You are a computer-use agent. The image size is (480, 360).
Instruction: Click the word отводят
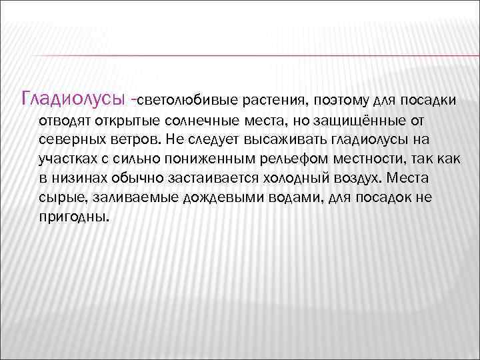[x=65, y=121]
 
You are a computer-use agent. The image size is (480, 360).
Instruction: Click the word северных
[x=69, y=140]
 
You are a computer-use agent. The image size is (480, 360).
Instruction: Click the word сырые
[x=61, y=199]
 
